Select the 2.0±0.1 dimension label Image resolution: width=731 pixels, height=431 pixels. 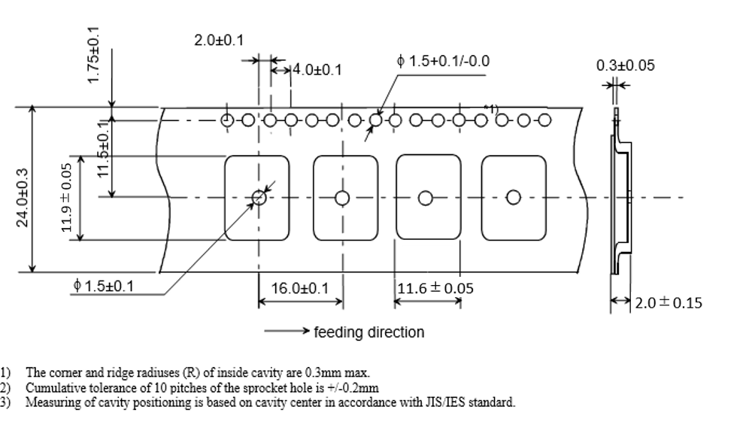[218, 40]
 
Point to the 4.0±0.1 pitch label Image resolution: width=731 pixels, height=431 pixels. [317, 70]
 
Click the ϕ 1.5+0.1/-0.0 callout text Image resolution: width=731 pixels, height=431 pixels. [443, 61]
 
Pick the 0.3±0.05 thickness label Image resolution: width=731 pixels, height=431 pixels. [626, 65]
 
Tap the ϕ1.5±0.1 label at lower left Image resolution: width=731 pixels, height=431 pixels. [105, 286]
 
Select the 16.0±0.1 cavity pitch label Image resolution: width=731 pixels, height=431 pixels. [300, 288]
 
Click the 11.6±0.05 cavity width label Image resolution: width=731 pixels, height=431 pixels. [436, 288]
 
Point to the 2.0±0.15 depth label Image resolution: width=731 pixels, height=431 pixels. [669, 302]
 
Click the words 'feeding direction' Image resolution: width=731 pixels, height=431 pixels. [369, 332]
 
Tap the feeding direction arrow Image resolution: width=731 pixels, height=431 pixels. [287, 331]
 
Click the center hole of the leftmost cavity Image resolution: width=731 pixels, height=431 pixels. [259, 197]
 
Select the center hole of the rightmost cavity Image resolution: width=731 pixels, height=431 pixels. [514, 198]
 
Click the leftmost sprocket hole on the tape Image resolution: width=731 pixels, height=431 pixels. [226, 120]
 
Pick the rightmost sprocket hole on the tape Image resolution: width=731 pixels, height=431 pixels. [545, 120]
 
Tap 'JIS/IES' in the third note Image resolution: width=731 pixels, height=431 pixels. [429, 402]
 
